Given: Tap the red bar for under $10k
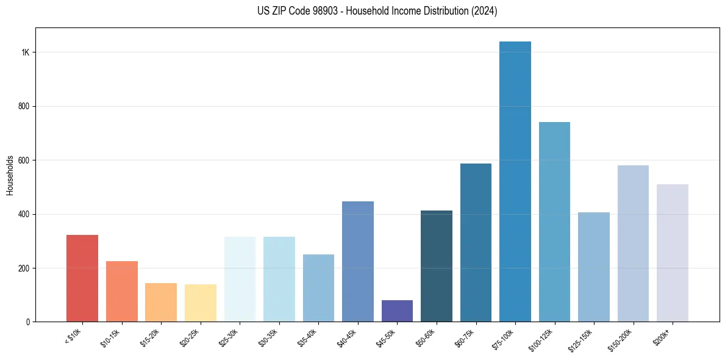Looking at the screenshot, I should (x=82, y=278).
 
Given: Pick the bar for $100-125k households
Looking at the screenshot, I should (x=554, y=222).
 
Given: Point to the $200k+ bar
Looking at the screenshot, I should (x=673, y=253).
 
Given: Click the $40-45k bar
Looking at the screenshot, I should (x=358, y=262).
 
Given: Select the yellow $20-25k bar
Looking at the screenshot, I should (x=201, y=303).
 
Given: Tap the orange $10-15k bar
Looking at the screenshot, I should (x=122, y=292).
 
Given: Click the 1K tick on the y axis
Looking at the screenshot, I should (x=26, y=52).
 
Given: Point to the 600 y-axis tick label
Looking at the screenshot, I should (x=24, y=160).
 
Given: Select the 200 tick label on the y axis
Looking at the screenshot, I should (x=24, y=268).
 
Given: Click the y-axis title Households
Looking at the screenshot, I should (x=10, y=175).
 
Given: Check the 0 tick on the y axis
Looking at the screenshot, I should (x=28, y=322).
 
